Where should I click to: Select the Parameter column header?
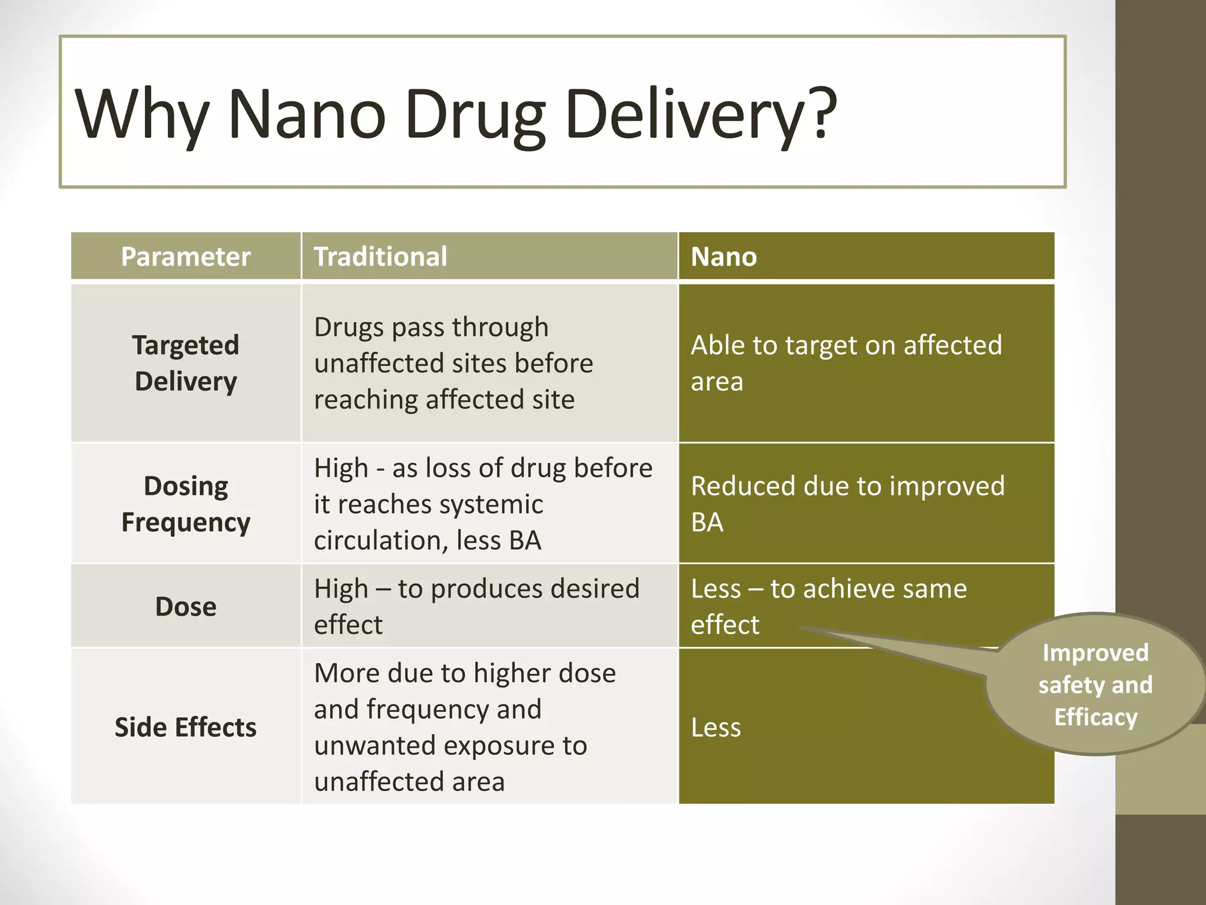tap(185, 256)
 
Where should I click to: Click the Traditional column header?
tap(380, 256)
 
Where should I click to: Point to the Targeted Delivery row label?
tap(185, 363)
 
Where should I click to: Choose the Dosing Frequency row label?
tap(185, 504)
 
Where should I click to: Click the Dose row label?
tap(185, 606)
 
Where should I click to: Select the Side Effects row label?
tap(185, 727)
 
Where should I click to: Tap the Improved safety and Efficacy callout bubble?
tap(1095, 685)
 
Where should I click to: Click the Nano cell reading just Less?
tap(716, 727)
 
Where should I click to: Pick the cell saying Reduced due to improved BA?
tap(847, 504)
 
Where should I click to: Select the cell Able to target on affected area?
tap(846, 363)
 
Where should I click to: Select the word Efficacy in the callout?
tap(1096, 717)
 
